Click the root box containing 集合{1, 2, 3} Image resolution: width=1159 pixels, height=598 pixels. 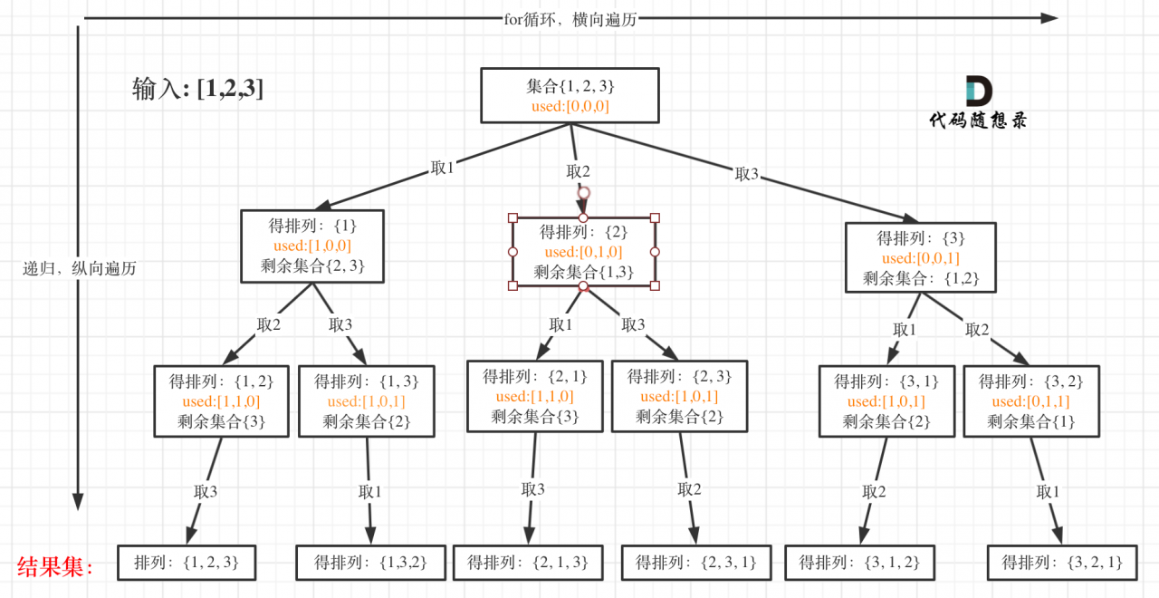[570, 95]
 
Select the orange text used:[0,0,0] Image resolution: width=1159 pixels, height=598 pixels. [570, 107]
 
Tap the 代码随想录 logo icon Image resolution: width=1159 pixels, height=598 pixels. [979, 91]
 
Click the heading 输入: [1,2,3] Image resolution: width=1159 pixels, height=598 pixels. [198, 89]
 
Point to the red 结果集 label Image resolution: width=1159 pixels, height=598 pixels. [55, 567]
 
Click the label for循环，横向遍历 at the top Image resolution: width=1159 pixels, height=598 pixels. [570, 19]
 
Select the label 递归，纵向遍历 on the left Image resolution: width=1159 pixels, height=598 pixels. [80, 268]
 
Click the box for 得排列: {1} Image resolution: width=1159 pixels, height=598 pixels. [312, 246]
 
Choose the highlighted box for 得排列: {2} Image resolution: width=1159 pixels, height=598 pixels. [584, 252]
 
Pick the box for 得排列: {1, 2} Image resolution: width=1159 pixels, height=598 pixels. [222, 400]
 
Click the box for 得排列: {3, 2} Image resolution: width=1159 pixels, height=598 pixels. [1031, 400]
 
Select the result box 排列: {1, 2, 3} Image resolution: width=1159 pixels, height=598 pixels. [187, 563]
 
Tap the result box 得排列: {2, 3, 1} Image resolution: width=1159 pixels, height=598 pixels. [696, 563]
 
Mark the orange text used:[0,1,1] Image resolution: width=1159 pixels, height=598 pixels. [1031, 401]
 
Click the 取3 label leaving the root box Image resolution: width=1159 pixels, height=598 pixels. [747, 174]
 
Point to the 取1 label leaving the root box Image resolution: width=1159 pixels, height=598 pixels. [443, 169]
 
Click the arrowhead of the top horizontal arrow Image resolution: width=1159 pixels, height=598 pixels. [1049, 18]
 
